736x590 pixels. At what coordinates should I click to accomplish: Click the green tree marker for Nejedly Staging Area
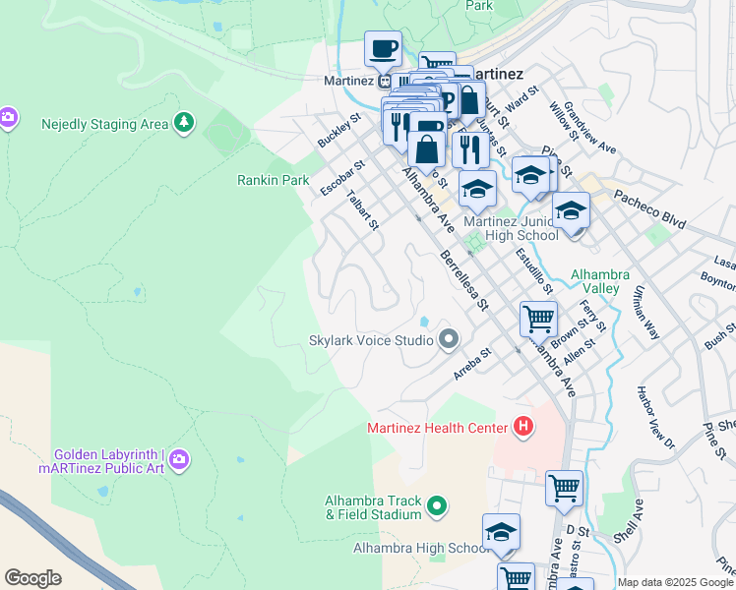click(183, 123)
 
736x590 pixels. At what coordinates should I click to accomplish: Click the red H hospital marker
click(523, 427)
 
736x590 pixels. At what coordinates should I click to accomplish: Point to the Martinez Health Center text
click(437, 427)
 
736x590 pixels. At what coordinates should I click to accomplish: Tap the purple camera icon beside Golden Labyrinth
click(178, 459)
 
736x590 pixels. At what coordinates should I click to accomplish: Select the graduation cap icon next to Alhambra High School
click(501, 532)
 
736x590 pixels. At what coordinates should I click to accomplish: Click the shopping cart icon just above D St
click(564, 488)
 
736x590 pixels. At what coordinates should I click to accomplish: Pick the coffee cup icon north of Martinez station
click(383, 47)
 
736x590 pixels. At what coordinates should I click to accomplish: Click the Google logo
click(32, 578)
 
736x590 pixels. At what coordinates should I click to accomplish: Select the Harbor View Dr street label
click(655, 418)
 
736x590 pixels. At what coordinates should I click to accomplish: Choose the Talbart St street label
click(363, 208)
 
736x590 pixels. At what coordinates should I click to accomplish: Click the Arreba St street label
click(473, 364)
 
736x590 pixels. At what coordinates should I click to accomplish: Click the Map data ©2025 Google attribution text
click(675, 582)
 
